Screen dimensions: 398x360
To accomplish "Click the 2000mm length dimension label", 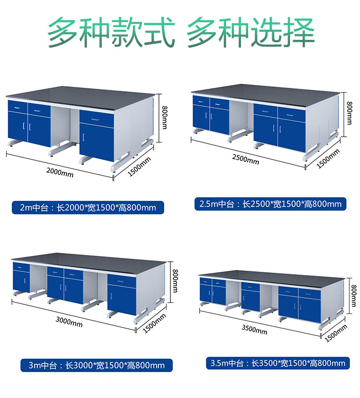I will [60, 172].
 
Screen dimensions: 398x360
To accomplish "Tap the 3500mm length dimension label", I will [254, 330].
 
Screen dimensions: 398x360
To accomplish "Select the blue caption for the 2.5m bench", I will [271, 204].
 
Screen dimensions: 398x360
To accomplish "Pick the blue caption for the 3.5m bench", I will [277, 363].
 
